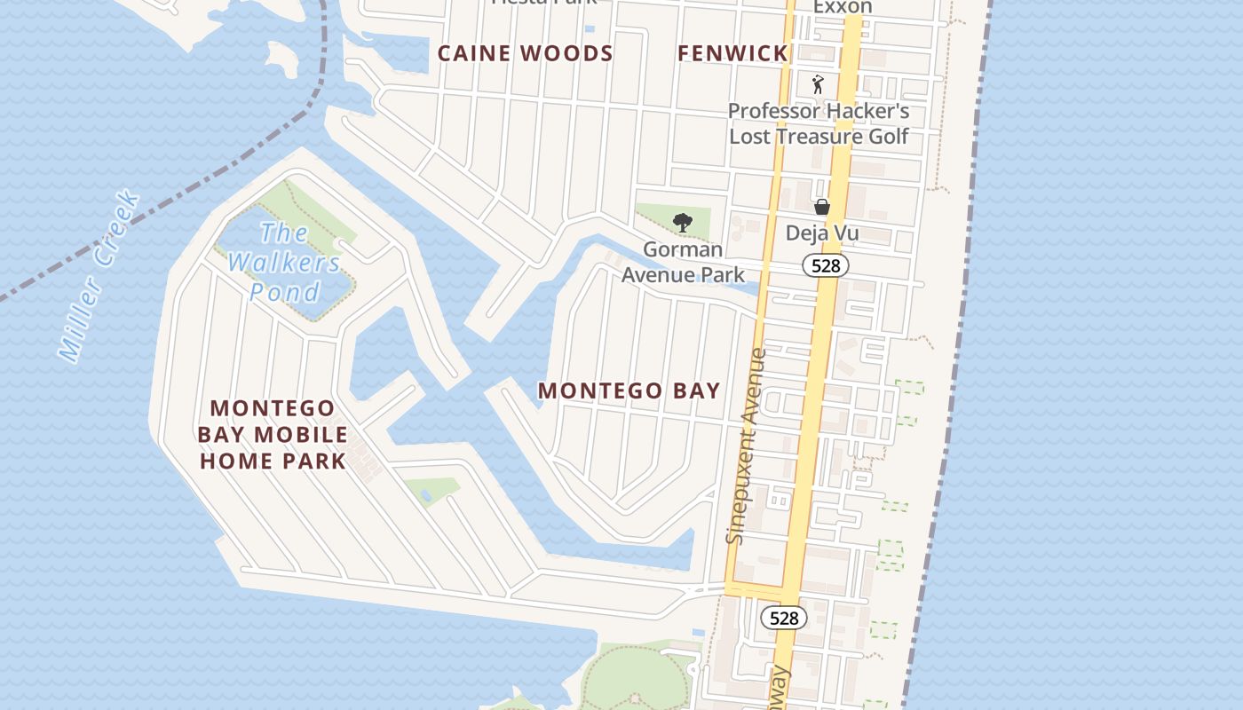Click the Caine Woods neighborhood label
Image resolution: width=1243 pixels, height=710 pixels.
pos(525,54)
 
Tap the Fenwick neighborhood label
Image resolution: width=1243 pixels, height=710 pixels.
pos(732,54)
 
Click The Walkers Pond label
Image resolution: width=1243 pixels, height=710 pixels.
pos(284,263)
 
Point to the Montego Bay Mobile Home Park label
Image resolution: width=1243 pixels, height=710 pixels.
pos(273,435)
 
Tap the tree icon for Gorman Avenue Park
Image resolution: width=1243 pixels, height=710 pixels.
pos(683,222)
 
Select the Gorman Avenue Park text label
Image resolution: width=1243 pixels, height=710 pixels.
pos(683,262)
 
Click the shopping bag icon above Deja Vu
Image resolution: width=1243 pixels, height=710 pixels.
pos(822,207)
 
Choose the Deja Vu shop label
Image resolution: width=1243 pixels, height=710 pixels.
pos(822,233)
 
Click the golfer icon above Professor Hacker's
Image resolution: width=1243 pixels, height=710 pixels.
pos(819,85)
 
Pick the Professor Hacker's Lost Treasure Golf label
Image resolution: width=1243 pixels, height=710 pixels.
pos(819,123)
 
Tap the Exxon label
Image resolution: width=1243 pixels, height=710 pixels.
pos(843,7)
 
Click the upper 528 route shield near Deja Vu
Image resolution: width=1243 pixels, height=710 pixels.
pos(826,264)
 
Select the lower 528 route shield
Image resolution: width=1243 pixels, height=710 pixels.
pos(784,618)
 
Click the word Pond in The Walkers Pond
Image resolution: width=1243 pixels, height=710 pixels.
pos(284,292)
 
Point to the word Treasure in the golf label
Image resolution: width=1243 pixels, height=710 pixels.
pos(816,137)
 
